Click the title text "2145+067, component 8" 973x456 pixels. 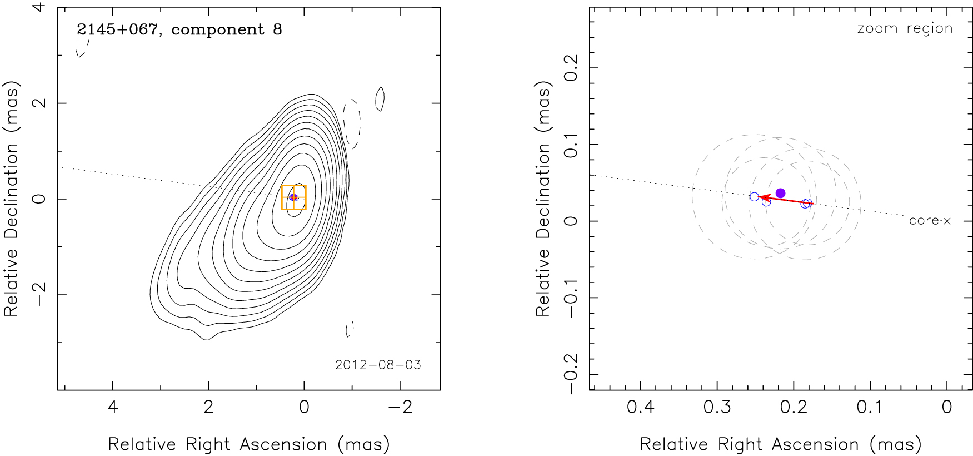pyautogui.click(x=179, y=29)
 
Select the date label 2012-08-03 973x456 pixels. pyautogui.click(x=378, y=365)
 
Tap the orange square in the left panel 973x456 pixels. pyautogui.click(x=293, y=197)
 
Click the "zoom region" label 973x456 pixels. pyautogui.click(x=905, y=28)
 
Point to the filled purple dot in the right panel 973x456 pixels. pyautogui.click(x=780, y=193)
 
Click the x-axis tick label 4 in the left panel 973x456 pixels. pyautogui.click(x=113, y=407)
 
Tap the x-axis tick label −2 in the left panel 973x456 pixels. pyautogui.click(x=400, y=407)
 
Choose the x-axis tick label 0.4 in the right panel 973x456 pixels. pyautogui.click(x=640, y=407)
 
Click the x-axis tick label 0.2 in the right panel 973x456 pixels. pyautogui.click(x=794, y=407)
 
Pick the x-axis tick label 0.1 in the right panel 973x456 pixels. pyautogui.click(x=870, y=407)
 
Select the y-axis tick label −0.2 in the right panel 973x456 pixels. pyautogui.click(x=571, y=374)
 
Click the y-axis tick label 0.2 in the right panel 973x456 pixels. pyautogui.click(x=571, y=68)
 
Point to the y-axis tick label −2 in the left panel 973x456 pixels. pyautogui.click(x=39, y=294)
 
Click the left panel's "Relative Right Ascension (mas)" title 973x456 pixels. pyautogui.click(x=248, y=444)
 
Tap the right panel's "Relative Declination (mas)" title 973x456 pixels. pyautogui.click(x=543, y=199)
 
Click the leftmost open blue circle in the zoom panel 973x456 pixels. pyautogui.click(x=754, y=197)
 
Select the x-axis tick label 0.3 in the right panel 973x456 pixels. pyautogui.click(x=717, y=407)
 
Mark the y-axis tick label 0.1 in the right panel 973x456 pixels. pyautogui.click(x=571, y=145)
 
